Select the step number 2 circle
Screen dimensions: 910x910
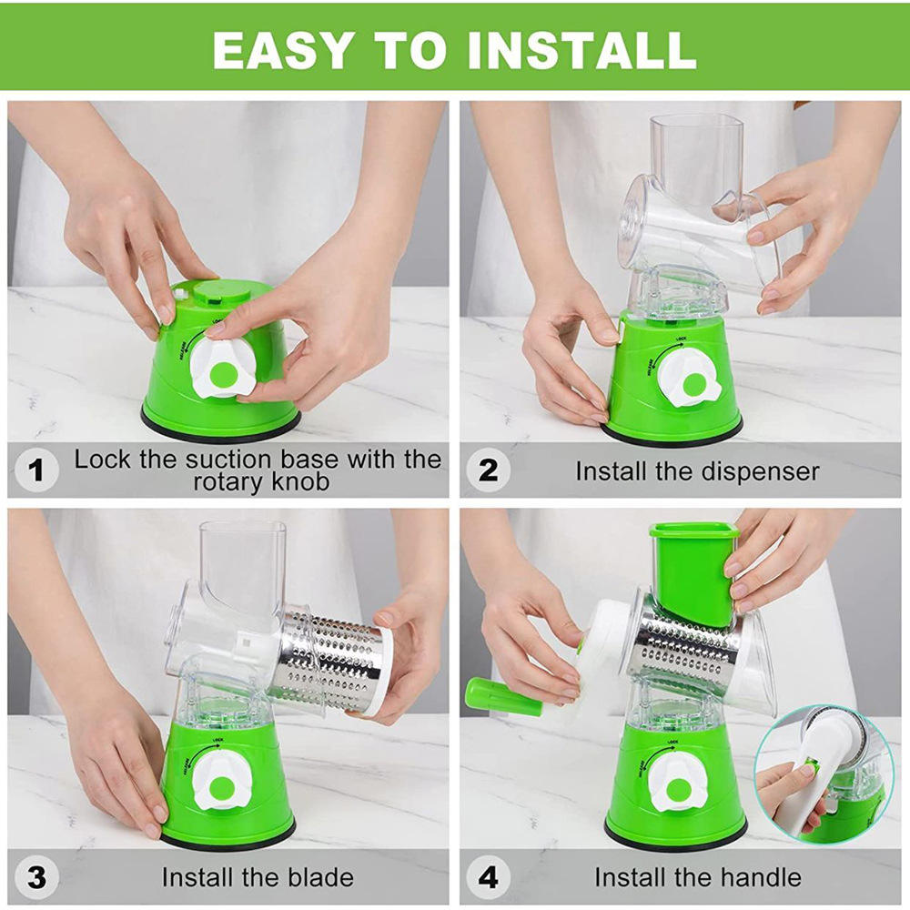click(489, 470)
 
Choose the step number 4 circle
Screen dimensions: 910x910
click(489, 877)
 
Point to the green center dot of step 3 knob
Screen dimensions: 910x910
click(221, 784)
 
